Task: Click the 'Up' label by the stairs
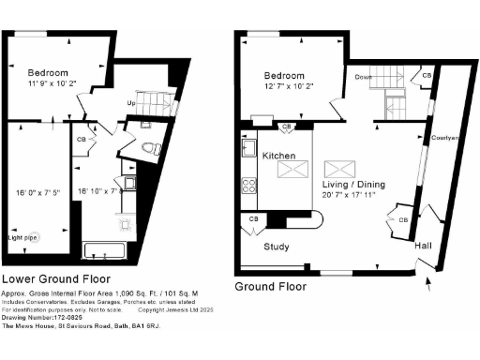(134, 101)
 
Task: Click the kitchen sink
(249, 148)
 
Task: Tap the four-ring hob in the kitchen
(248, 186)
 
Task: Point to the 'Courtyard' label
(444, 138)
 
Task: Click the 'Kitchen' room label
(279, 155)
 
